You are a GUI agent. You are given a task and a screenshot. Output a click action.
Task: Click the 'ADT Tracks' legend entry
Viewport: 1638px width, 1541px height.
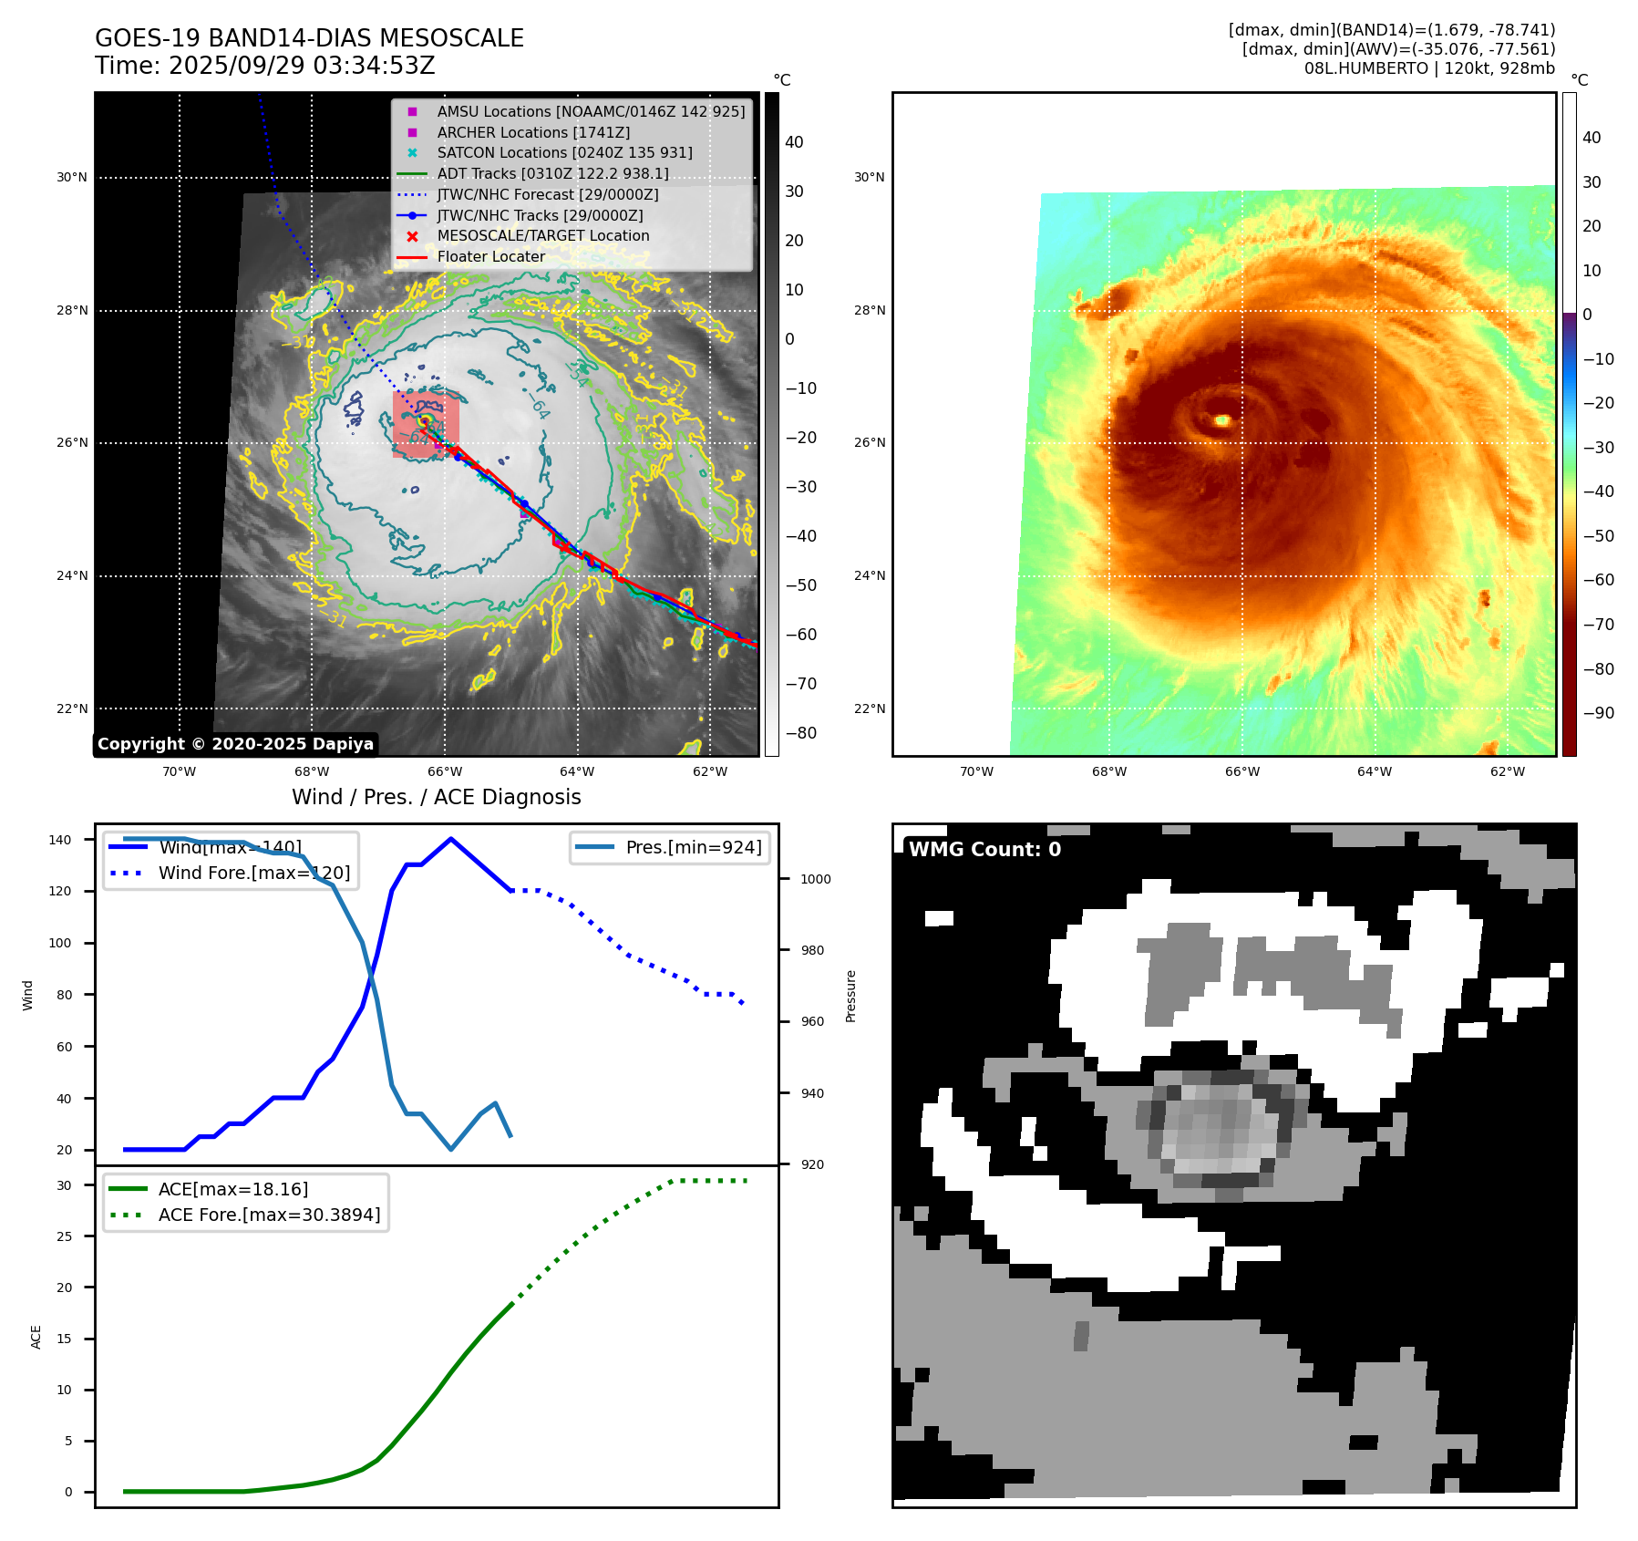point(552,173)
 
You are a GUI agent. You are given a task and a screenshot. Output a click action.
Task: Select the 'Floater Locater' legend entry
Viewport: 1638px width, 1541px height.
point(490,256)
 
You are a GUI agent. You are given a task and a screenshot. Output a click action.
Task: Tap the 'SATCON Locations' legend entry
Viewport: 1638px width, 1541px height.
point(564,152)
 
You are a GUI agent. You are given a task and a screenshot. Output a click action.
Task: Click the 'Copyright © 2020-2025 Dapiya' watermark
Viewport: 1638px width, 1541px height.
point(235,744)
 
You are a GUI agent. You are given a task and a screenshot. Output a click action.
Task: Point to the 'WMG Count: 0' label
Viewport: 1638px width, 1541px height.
point(984,850)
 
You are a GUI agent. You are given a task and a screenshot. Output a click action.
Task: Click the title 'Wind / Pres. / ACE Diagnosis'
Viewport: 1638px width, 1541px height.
point(436,797)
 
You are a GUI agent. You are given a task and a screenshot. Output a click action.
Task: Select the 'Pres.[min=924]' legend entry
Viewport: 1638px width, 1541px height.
point(693,847)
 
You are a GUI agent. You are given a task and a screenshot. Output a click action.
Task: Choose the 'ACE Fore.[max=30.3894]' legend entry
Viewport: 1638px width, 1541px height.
point(269,1215)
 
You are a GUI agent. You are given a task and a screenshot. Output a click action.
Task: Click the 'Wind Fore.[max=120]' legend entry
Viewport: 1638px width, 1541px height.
point(253,873)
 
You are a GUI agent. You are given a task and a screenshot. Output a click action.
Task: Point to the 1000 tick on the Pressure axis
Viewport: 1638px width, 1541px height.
point(816,879)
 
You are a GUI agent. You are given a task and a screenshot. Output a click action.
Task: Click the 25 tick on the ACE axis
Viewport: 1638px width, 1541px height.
point(64,1236)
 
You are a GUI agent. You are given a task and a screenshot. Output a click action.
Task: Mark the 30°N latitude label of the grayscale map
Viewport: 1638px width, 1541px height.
point(71,178)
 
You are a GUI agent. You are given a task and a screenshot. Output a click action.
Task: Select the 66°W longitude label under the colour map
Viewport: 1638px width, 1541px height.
point(1241,771)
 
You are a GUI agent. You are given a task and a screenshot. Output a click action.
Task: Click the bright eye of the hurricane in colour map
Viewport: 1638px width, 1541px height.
point(1222,420)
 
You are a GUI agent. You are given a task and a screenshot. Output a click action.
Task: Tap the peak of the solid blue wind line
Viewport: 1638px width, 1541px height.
point(451,839)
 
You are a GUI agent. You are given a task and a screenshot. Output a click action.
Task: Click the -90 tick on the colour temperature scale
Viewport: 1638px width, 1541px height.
point(1598,713)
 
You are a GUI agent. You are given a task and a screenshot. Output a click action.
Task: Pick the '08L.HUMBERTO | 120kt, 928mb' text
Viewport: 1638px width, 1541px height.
point(1429,68)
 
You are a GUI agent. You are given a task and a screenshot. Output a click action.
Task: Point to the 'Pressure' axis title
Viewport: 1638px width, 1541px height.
point(850,996)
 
